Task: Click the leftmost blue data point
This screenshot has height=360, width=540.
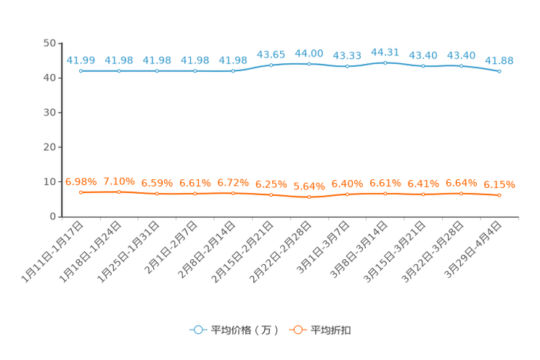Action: [x=81, y=71]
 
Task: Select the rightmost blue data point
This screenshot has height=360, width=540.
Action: [x=499, y=71]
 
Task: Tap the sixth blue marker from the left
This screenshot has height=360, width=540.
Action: [x=271, y=65]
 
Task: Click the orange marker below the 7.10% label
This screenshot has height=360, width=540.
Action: [x=119, y=192]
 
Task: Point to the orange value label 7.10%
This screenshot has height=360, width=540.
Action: [x=119, y=180]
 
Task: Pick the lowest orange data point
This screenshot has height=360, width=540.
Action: [x=309, y=197]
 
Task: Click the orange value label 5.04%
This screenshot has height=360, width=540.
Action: [x=309, y=186]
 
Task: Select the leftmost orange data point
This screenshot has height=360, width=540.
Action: [x=81, y=192]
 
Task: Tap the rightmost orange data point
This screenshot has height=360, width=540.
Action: [x=499, y=195]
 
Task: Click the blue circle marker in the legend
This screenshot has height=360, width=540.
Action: [x=197, y=330]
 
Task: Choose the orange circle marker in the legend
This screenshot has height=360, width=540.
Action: [x=298, y=330]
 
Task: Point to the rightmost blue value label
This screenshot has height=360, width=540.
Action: [x=499, y=60]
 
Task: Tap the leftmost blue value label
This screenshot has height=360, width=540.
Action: [x=81, y=60]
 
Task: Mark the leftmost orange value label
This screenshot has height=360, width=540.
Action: [x=81, y=181]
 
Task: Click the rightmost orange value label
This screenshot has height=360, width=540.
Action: [x=499, y=185]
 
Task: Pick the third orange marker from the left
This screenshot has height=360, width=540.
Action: [x=157, y=194]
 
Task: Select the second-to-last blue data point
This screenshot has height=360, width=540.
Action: [x=462, y=66]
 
